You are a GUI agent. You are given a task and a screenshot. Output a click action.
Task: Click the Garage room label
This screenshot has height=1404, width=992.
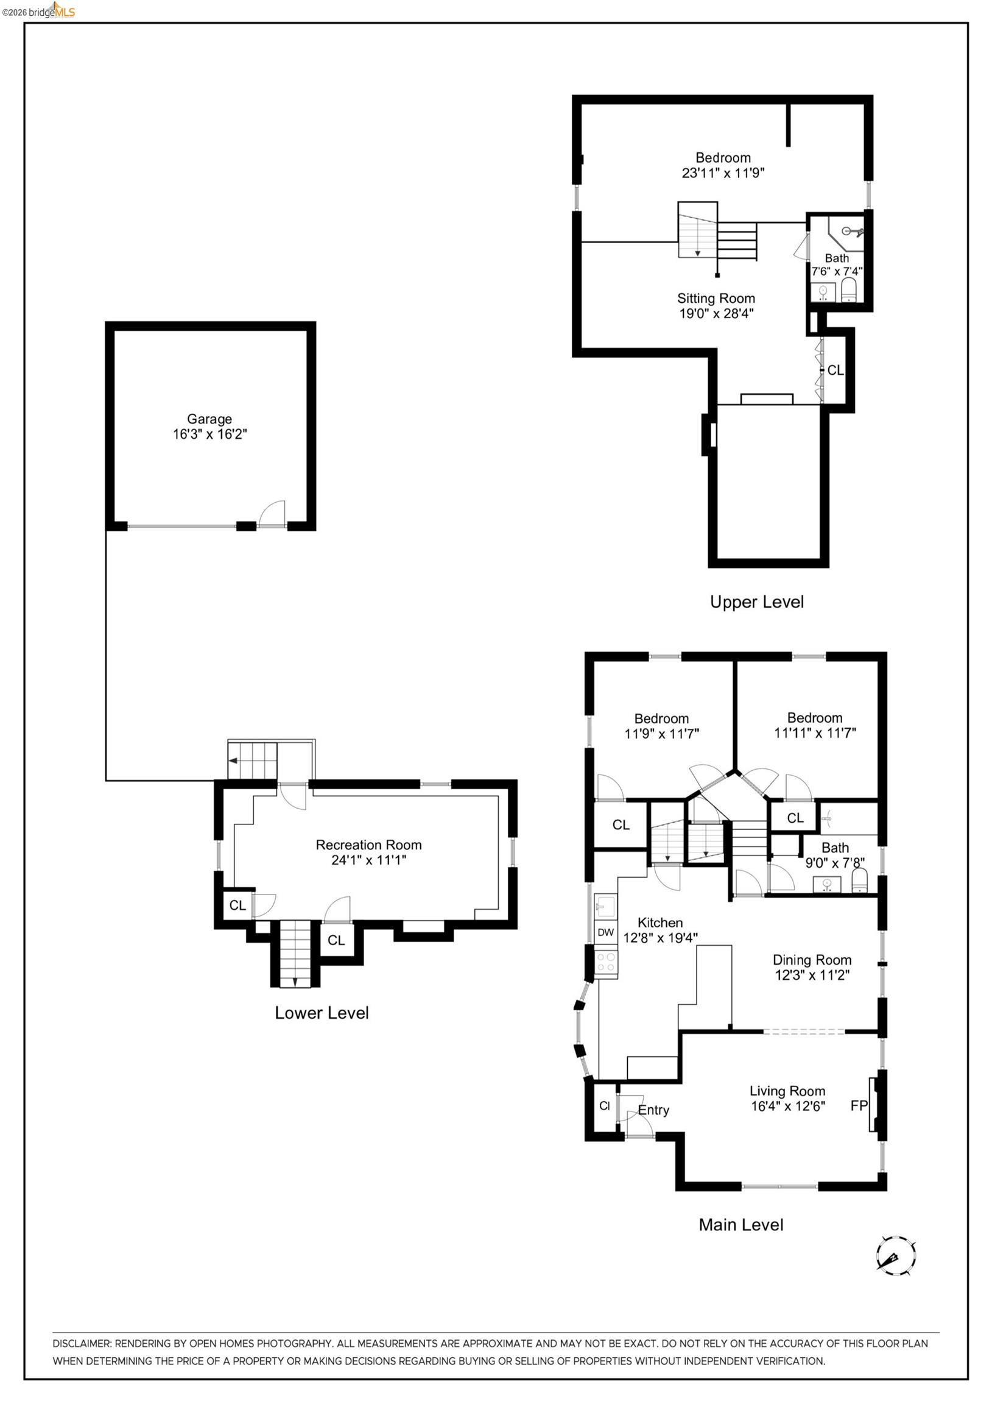point(209,419)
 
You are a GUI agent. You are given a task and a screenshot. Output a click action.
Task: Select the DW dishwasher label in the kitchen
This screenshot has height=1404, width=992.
point(605,932)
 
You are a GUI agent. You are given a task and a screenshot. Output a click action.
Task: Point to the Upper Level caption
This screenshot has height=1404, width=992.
point(757,602)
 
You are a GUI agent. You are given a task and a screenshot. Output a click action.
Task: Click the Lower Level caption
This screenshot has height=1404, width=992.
point(322,1013)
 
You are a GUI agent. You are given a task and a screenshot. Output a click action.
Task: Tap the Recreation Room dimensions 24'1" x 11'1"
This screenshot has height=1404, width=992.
point(368,860)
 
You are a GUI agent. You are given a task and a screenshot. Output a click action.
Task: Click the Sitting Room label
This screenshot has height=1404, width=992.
point(716,299)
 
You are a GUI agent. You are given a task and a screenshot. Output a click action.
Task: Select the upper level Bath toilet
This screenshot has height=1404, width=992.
point(850,289)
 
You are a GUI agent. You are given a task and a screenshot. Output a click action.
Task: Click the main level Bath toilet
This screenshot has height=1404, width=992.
point(859,881)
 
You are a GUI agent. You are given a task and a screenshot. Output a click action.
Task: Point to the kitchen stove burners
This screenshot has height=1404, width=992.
point(606,962)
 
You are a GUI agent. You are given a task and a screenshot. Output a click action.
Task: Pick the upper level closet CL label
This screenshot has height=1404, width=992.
point(835,370)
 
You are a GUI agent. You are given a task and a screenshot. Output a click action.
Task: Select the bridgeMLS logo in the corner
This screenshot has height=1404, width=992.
point(38,10)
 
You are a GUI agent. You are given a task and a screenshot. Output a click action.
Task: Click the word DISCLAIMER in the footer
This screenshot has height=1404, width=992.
point(82,1344)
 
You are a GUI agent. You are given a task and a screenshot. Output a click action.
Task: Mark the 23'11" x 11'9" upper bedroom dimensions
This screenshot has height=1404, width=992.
point(723,173)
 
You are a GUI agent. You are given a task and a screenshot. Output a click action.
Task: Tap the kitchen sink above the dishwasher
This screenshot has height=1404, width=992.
point(606,906)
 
